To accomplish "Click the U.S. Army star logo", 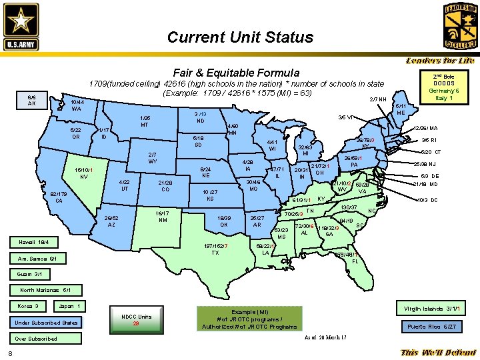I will [x=21, y=25].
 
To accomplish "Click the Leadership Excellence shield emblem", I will [x=460, y=26].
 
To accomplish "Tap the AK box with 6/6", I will [x=31, y=100].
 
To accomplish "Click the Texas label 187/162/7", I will [x=215, y=249].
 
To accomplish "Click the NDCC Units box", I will [x=136, y=319].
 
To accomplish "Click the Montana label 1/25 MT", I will [x=144, y=121].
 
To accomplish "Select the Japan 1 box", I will [x=69, y=306].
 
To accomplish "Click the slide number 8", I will [x=10, y=353].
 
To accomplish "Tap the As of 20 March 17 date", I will [x=325, y=337].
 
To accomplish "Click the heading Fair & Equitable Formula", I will [x=236, y=72].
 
